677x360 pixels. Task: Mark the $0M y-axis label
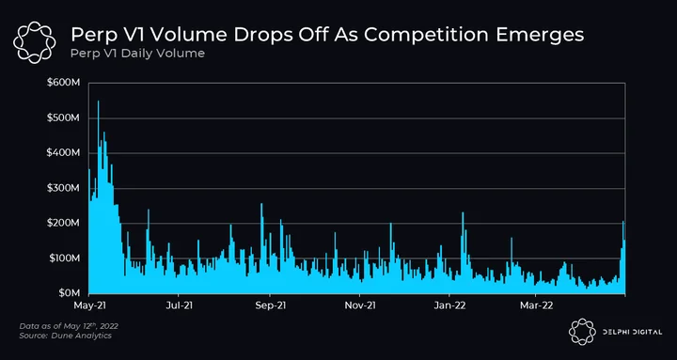pyautogui.click(x=69, y=293)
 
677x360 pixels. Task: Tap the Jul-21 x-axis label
pyautogui.click(x=179, y=305)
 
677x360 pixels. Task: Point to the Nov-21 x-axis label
pyautogui.click(x=360, y=305)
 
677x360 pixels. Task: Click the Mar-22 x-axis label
pyautogui.click(x=536, y=305)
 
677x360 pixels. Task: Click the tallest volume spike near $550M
pyautogui.click(x=98, y=102)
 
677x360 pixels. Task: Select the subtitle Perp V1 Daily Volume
pyautogui.click(x=137, y=54)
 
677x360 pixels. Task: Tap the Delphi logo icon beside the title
pyautogui.click(x=35, y=42)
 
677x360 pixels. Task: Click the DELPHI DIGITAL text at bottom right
pyautogui.click(x=632, y=332)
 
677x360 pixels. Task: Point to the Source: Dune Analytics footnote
pyautogui.click(x=65, y=336)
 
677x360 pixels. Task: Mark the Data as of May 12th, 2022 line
pyautogui.click(x=69, y=325)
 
